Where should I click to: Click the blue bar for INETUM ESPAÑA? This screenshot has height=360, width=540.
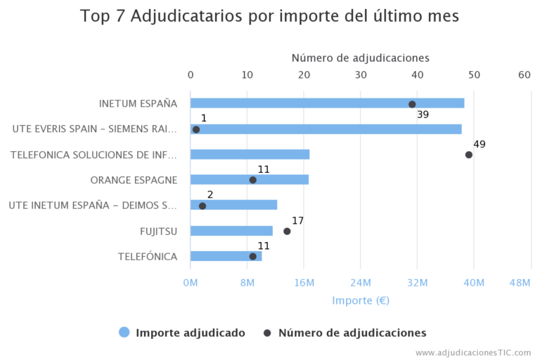click(327, 103)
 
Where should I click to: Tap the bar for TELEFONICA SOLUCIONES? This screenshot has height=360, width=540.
click(250, 155)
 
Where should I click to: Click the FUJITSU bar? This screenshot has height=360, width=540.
click(231, 231)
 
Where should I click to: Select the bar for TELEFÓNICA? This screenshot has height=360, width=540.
click(226, 256)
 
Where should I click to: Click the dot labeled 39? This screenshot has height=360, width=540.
click(412, 104)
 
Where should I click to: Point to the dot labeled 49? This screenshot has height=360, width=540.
click(469, 155)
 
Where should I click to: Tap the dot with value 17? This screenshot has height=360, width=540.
click(287, 231)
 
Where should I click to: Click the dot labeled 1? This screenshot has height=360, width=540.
click(196, 129)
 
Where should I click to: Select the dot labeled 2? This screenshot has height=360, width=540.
click(202, 206)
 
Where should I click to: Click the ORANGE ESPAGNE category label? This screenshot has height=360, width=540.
click(134, 180)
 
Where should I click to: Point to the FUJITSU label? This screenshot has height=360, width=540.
click(158, 231)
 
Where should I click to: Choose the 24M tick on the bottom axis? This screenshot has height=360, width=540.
click(360, 283)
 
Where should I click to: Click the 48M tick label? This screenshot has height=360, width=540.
click(520, 283)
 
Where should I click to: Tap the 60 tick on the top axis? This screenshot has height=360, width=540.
click(525, 75)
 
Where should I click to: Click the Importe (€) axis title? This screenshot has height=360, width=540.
click(360, 300)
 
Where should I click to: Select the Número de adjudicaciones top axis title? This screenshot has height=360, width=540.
click(360, 58)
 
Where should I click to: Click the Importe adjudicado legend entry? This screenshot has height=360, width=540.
click(190, 333)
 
